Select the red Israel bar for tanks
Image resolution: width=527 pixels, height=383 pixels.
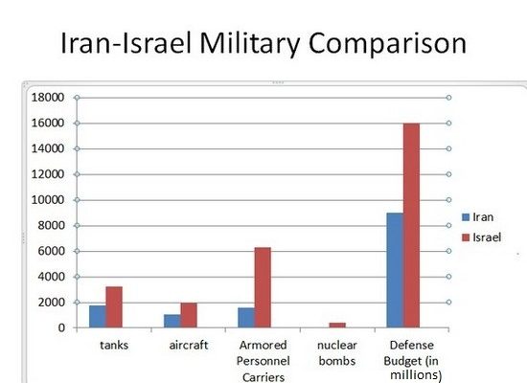click(x=114, y=307)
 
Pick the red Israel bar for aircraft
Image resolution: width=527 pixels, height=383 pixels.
click(x=189, y=316)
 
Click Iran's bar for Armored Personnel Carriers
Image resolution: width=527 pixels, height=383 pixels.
click(x=246, y=318)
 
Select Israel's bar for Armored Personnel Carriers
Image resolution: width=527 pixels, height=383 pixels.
click(x=263, y=287)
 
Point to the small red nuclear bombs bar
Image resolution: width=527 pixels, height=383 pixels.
click(x=337, y=326)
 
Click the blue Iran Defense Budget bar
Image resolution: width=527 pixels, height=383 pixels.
click(x=394, y=270)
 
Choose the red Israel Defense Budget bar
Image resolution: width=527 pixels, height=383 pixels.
click(x=411, y=225)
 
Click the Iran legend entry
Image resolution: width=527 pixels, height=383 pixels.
click(x=483, y=217)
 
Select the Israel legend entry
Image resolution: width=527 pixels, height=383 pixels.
click(x=485, y=237)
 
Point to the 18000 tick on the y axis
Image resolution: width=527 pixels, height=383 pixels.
click(x=46, y=98)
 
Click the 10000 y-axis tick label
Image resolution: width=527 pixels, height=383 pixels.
click(x=46, y=200)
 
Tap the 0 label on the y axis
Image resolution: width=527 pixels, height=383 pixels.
click(x=59, y=328)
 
